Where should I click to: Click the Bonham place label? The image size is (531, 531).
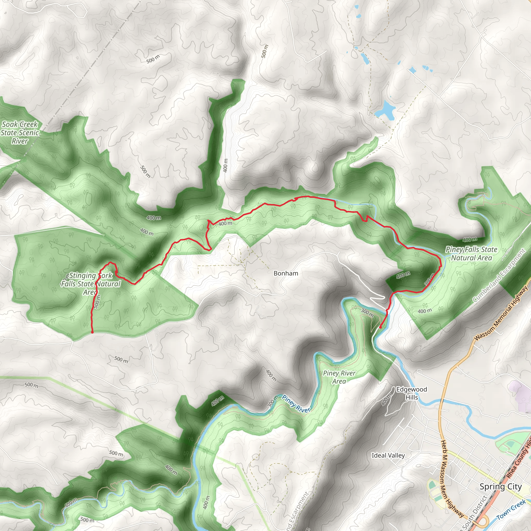[285, 273]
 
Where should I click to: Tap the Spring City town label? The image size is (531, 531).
[500, 486]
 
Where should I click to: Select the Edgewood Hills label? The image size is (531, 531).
[411, 393]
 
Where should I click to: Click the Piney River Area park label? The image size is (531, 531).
[339, 377]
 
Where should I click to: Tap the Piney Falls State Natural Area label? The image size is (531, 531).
[471, 253]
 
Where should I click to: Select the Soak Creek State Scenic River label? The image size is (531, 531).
[20, 132]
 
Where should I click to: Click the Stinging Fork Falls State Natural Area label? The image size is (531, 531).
[91, 284]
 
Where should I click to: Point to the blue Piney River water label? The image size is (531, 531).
[296, 404]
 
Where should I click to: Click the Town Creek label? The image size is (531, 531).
[511, 510]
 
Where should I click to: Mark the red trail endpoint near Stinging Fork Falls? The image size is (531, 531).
[92, 333]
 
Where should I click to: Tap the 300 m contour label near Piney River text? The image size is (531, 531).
[271, 402]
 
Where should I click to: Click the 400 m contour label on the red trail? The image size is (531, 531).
[225, 223]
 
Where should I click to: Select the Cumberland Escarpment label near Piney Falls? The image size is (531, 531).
[499, 276]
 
